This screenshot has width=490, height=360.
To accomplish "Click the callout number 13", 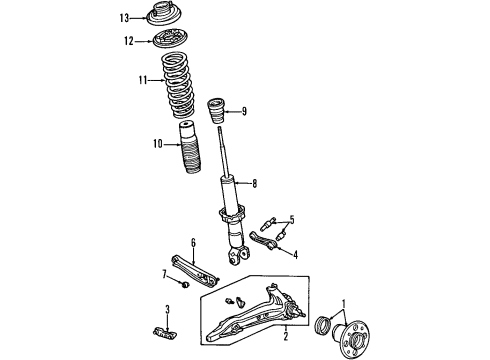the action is (124, 18).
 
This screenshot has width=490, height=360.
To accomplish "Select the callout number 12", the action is (129, 41).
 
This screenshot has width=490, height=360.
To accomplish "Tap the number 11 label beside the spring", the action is (143, 80).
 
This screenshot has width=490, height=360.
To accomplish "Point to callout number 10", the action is (158, 144).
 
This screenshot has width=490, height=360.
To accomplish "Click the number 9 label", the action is (244, 111).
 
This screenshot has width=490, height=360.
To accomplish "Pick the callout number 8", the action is (254, 183).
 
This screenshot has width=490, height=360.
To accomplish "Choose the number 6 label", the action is (193, 243).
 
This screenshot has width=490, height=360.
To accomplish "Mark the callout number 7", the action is (164, 275).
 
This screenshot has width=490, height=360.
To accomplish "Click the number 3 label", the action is (167, 309).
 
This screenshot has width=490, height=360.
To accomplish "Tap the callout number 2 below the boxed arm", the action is (286, 336).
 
